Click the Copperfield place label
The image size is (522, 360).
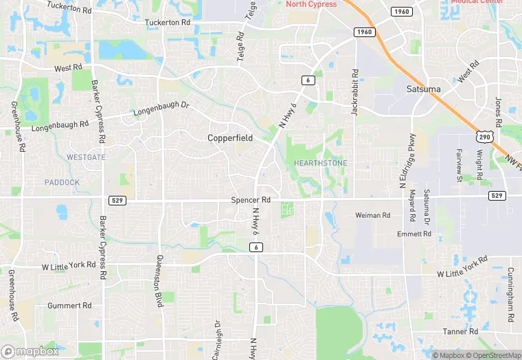[230, 138]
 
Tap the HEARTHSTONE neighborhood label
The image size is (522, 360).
[320, 163]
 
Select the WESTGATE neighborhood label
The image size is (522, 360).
[87, 157]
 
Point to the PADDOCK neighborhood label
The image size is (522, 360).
[62, 182]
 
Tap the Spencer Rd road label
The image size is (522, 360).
[251, 200]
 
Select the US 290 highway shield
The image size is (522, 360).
[485, 137]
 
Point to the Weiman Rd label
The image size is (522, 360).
[372, 215]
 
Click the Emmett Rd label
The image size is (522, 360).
[414, 234]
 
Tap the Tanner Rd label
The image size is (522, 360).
[460, 332]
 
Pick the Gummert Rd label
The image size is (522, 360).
[69, 305]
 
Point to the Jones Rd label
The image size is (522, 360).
[499, 110]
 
